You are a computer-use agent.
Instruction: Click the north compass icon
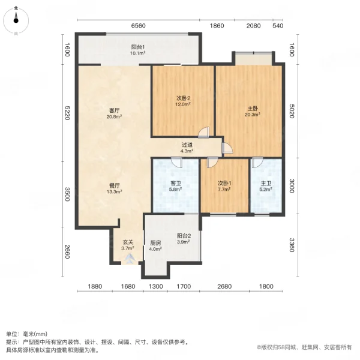[17, 17]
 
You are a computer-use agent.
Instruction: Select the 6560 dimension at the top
[139, 26]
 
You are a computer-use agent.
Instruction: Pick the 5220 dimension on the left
[67, 112]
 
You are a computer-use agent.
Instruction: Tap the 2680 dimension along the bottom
[224, 286]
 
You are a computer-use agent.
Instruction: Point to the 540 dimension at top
[277, 26]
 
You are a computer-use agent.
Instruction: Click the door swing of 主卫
[256, 163]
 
